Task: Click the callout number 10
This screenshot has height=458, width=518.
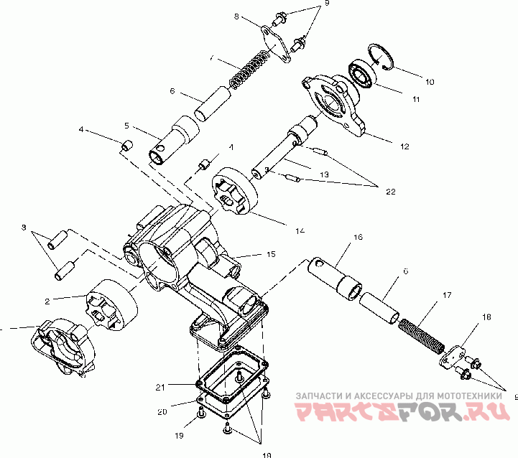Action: tap(430, 82)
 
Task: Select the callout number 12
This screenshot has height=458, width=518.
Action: tap(404, 146)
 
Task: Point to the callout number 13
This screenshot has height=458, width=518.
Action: tap(324, 175)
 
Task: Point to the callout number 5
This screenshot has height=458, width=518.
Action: tap(126, 125)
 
